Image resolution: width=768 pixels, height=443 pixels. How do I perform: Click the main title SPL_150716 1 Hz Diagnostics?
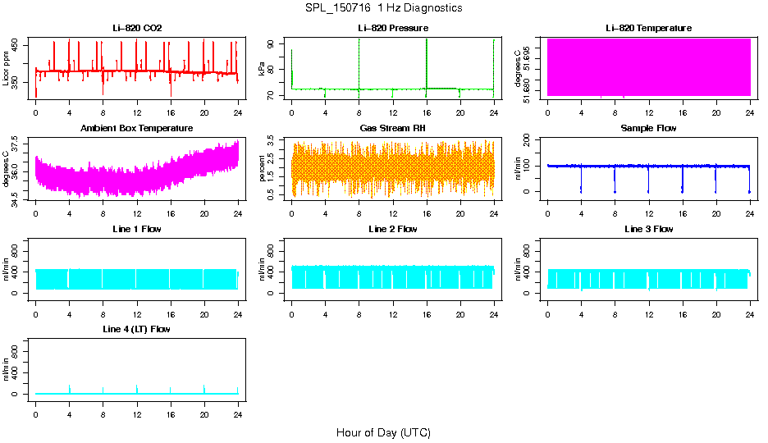pos(383,8)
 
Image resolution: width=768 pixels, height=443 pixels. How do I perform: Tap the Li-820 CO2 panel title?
pos(137,29)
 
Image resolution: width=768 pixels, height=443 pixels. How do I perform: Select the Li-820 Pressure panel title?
pos(392,29)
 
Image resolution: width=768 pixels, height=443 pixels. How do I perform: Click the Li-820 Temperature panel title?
pos(648,29)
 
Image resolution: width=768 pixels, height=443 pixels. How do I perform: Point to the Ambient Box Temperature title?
pos(137,129)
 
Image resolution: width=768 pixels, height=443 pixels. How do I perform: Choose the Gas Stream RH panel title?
pos(392,129)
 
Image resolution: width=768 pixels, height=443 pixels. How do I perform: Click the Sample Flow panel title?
pos(648,129)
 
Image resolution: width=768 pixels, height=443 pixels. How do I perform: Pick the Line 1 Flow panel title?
pos(137,229)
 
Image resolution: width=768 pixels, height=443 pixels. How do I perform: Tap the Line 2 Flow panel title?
pos(392,229)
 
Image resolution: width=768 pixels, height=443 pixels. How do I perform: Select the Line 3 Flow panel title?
pos(648,229)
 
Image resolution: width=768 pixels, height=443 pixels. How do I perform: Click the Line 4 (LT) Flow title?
pos(137,329)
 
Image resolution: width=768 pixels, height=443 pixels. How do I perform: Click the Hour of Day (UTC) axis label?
pos(383,432)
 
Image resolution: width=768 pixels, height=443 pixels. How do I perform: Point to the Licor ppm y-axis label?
pos(7,69)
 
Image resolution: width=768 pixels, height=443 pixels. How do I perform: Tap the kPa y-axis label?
pos(263,69)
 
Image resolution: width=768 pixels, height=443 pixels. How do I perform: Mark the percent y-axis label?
pos(263,168)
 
